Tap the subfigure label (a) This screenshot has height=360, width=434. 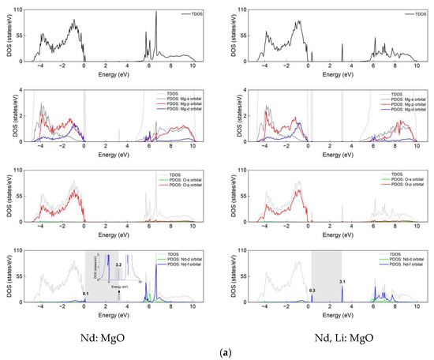pyautogui.click(x=216, y=349)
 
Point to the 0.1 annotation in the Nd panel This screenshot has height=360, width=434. pyautogui.click(x=85, y=293)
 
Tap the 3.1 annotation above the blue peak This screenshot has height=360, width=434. pyautogui.click(x=342, y=281)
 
